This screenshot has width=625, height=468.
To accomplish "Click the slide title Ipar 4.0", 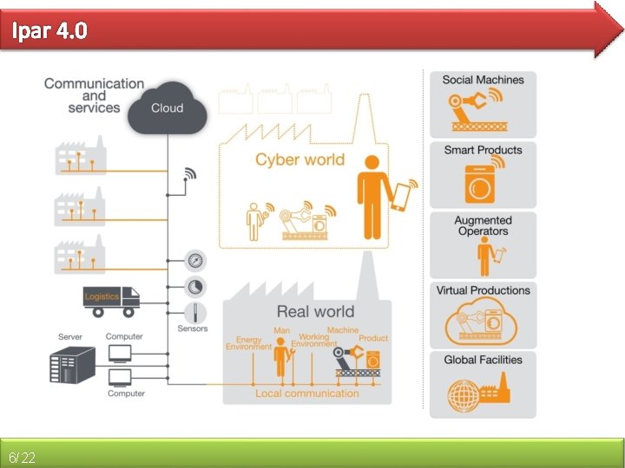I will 49,32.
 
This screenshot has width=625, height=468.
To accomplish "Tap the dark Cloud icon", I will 167,108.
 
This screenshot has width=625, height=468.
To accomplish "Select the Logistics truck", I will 111,299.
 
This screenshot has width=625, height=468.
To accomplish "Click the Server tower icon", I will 71,365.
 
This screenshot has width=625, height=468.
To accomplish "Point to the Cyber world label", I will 299,159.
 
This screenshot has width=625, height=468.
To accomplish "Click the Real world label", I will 315,311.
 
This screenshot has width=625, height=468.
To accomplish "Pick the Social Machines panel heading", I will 483,80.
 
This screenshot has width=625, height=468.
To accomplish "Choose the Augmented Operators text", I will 483,225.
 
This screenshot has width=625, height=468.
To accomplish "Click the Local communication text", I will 306,393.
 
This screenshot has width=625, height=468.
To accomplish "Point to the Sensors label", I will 193,329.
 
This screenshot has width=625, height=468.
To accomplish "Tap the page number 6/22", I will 22,457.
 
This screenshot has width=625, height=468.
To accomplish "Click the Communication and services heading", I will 94,95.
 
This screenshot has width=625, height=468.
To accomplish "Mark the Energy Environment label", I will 249,343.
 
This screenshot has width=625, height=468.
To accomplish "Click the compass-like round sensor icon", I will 194,260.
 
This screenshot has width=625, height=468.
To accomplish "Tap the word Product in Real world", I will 373,338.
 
